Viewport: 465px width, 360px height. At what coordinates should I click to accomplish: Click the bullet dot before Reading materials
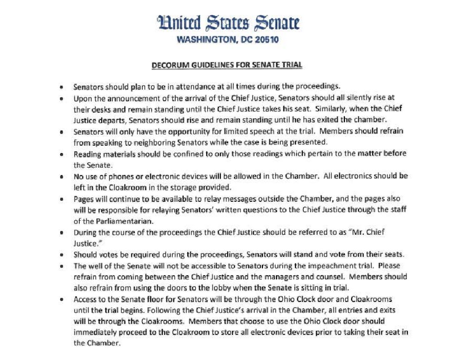tap(61, 154)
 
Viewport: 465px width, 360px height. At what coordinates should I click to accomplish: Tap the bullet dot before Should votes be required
tap(61, 254)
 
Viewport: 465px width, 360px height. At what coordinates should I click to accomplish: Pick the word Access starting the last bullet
tap(85, 299)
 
